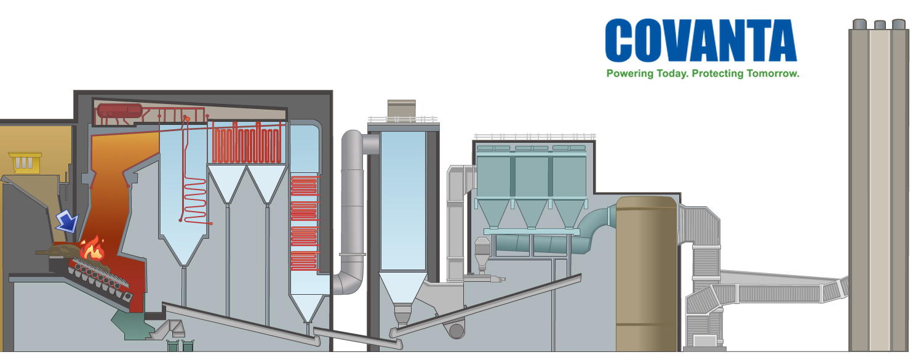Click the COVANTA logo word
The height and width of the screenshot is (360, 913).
(700, 41)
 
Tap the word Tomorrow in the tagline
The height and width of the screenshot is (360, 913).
(771, 74)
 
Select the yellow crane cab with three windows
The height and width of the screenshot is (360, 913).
(24, 162)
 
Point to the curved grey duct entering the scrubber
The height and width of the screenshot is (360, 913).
(351, 203)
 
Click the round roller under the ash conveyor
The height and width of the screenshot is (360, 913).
(456, 331)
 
